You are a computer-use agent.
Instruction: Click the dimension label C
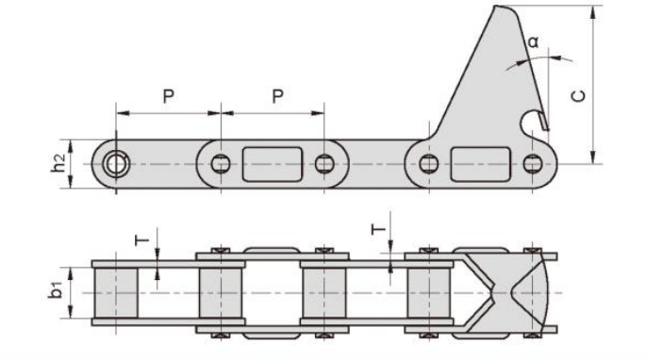[579, 95]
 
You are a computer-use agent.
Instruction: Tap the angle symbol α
[533, 41]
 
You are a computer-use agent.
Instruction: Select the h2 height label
[58, 163]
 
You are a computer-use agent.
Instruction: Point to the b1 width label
[56, 289]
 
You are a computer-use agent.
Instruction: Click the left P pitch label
[169, 96]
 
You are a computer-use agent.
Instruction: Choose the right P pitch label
[278, 96]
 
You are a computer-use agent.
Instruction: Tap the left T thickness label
[142, 239]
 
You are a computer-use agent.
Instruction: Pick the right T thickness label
[378, 229]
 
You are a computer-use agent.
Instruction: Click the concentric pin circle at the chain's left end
[116, 164]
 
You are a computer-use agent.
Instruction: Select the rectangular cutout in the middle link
[273, 164]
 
